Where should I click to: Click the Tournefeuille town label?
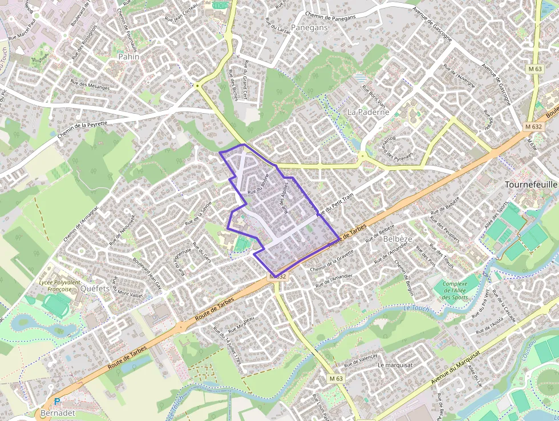click(x=531, y=185)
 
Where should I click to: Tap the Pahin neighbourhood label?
click(x=128, y=57)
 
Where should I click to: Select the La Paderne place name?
click(x=368, y=113)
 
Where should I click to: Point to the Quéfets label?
click(x=95, y=289)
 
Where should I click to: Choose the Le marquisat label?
click(x=395, y=365)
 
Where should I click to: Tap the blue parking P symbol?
click(x=57, y=402)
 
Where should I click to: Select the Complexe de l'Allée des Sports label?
click(x=455, y=290)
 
